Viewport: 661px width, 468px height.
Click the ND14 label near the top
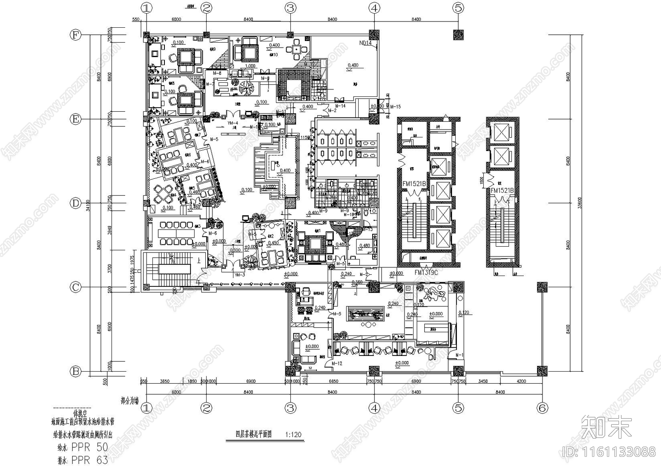point(366,43)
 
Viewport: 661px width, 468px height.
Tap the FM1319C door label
point(426,273)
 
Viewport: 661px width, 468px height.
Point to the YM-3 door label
point(240,275)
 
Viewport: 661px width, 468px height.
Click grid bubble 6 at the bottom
point(542,408)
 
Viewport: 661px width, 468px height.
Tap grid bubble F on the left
point(75,35)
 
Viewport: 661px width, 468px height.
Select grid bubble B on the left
point(75,371)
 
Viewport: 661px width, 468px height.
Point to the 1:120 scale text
point(293,434)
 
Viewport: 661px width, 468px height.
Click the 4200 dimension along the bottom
point(521,381)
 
